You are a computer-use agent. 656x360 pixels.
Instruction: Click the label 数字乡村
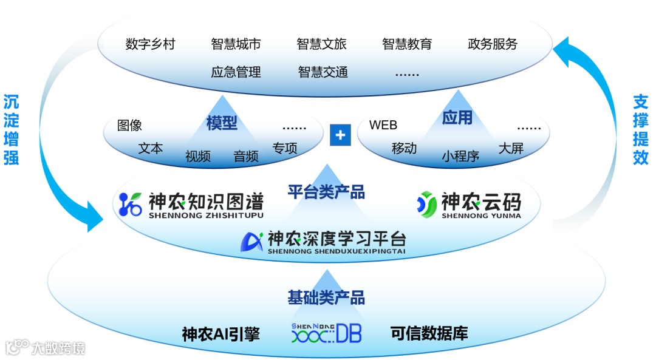(x=150, y=44)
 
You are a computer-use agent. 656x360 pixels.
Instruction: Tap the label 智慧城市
(x=236, y=44)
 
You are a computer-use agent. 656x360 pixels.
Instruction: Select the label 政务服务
(x=493, y=44)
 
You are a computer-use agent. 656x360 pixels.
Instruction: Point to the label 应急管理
(x=236, y=72)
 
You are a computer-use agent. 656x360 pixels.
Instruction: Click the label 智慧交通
(x=323, y=72)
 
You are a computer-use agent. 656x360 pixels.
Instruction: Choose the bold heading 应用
(x=457, y=117)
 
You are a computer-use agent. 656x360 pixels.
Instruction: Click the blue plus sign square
(x=340, y=135)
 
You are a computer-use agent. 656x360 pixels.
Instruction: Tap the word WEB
(x=383, y=125)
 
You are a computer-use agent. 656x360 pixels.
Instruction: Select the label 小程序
(x=460, y=156)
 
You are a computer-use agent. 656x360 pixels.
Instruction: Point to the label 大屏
(x=511, y=148)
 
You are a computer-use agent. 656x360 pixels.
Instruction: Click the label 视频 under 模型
(x=198, y=156)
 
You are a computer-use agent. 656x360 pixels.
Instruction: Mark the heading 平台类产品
(x=326, y=192)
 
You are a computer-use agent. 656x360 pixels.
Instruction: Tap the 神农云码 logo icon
(x=427, y=205)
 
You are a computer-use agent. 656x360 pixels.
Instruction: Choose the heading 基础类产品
(x=326, y=297)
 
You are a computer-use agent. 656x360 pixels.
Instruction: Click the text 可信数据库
(x=429, y=333)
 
